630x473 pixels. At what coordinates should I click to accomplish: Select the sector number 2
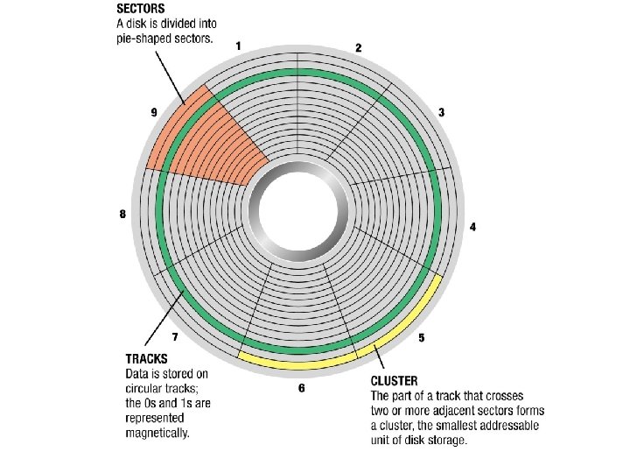(x=358, y=48)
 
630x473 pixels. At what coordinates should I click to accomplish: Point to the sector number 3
(x=441, y=112)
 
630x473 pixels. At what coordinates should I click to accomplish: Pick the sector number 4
(x=472, y=227)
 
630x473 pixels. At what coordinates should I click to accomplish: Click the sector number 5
(x=422, y=338)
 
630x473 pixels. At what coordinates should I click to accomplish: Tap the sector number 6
(x=301, y=388)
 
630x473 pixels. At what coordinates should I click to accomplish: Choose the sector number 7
(x=175, y=336)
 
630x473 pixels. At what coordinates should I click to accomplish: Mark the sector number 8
(x=122, y=215)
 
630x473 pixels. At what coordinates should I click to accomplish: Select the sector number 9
(x=154, y=112)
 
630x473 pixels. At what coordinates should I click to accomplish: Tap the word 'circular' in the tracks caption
(x=145, y=388)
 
